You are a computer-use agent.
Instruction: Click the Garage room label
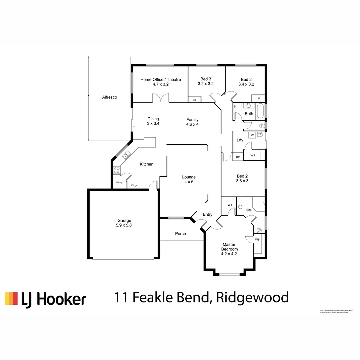(x=124, y=220)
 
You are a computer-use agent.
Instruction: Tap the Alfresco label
(x=110, y=97)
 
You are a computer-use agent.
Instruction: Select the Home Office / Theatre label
(x=161, y=79)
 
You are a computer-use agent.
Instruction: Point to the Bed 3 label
(x=206, y=79)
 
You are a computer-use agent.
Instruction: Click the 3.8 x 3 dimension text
(x=243, y=181)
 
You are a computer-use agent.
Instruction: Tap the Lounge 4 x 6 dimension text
(x=189, y=182)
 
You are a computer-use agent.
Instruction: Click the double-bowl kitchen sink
(x=126, y=155)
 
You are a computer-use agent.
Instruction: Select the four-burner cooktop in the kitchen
(x=117, y=170)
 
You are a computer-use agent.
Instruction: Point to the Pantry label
(x=119, y=183)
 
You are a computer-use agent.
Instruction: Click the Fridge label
(x=134, y=185)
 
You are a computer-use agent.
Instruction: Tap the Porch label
(x=181, y=234)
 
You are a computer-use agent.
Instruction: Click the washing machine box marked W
(x=252, y=135)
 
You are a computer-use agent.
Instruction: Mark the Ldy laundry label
(x=240, y=140)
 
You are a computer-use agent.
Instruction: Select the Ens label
(x=249, y=210)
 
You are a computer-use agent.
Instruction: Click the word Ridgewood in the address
(x=252, y=297)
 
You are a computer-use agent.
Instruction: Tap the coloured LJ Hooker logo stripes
(x=11, y=298)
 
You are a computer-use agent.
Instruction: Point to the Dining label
(x=153, y=119)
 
